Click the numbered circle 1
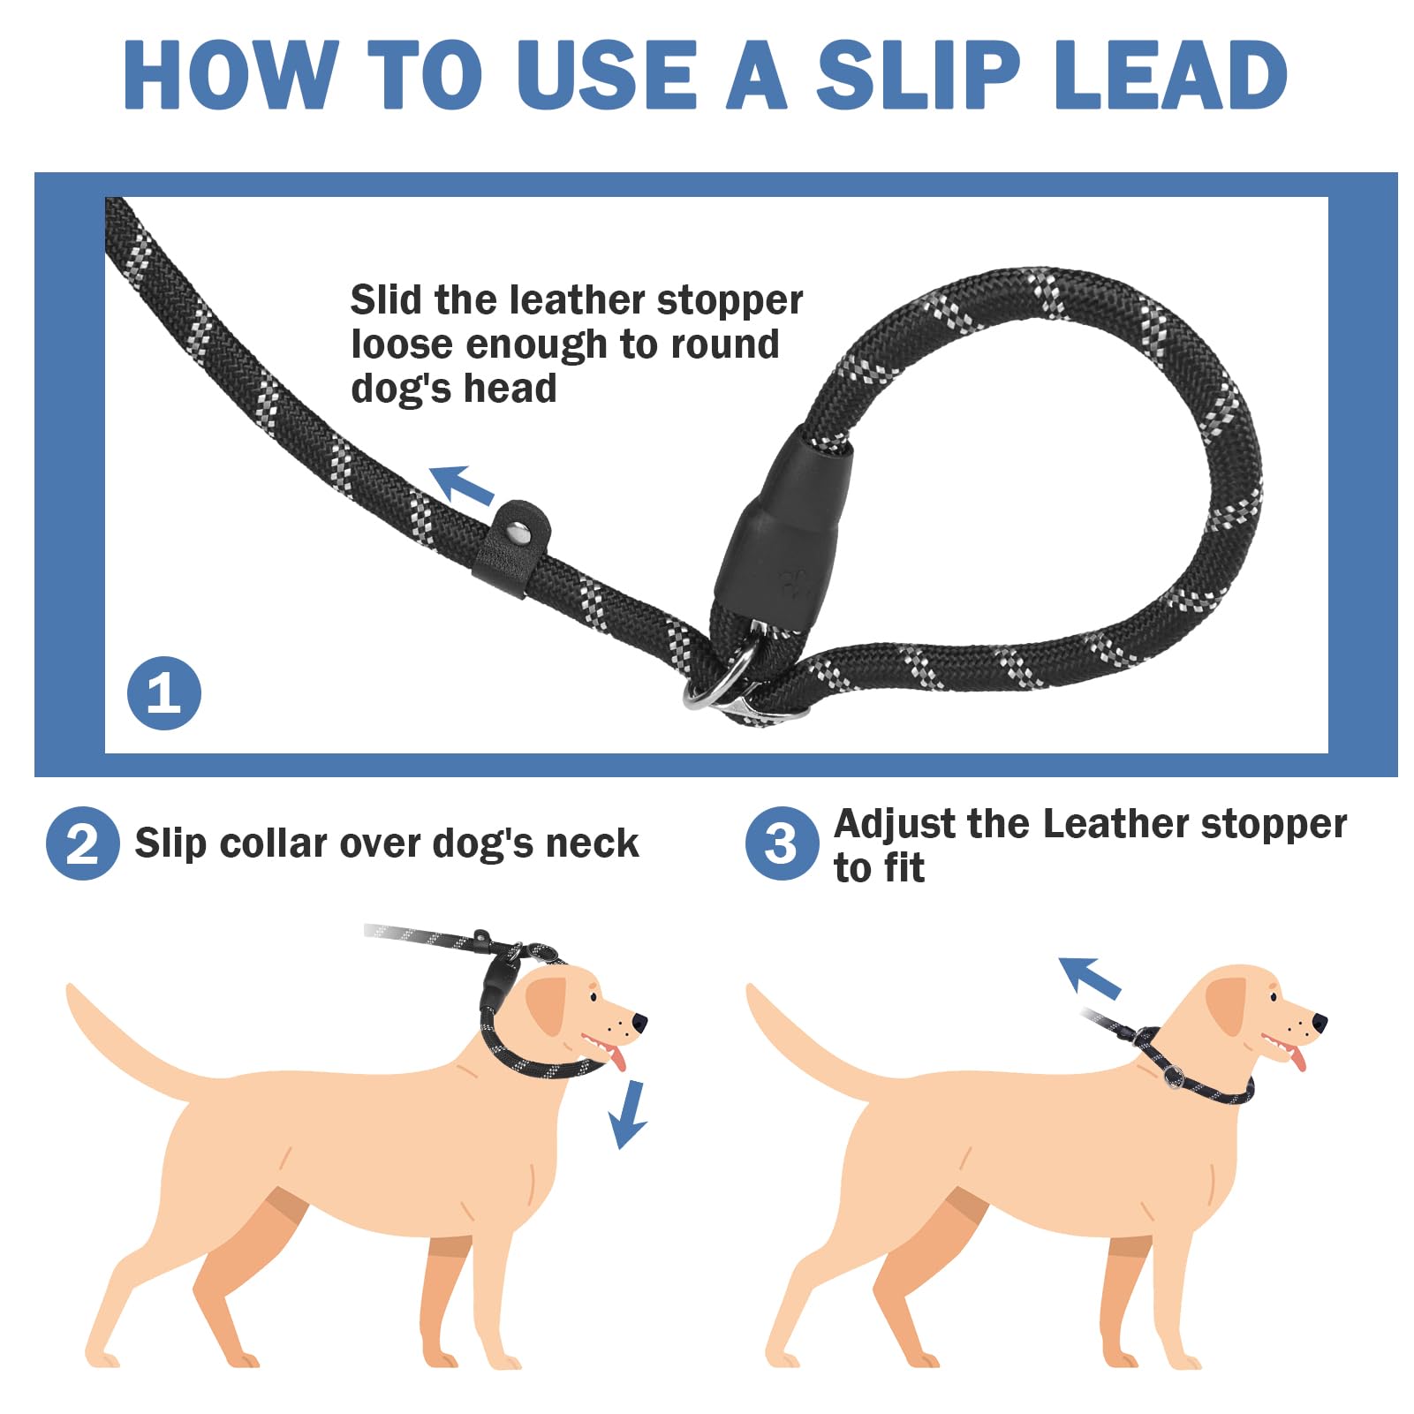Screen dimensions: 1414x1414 [163, 692]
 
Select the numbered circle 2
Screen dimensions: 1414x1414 [82, 843]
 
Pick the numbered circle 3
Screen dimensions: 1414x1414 [781, 843]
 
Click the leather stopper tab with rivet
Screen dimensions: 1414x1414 [512, 548]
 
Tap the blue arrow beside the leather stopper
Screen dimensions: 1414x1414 [462, 485]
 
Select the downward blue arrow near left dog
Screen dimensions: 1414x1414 [628, 1114]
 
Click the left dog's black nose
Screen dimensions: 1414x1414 [639, 1022]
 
